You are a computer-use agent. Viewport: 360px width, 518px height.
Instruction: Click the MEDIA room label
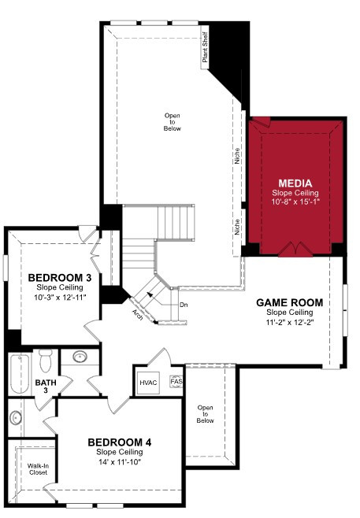(295, 183)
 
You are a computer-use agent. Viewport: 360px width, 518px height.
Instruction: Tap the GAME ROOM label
(290, 302)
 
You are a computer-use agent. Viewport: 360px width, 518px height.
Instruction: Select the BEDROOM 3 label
(60, 278)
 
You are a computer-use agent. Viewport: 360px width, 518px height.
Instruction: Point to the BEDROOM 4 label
(120, 442)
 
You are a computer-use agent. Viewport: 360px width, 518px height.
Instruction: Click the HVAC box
(148, 383)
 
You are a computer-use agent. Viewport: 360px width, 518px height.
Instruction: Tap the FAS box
(176, 382)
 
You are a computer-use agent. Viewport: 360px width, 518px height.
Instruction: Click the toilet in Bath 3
(46, 361)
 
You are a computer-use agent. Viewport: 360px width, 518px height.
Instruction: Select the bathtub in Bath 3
(20, 373)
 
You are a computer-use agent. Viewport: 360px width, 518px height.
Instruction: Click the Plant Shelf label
(205, 47)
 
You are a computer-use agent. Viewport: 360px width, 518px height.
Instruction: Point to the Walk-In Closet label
(38, 469)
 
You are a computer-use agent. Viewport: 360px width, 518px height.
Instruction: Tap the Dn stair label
(184, 305)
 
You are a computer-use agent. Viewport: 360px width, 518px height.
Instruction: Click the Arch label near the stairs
(138, 315)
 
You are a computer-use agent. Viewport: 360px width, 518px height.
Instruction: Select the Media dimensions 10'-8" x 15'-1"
(295, 202)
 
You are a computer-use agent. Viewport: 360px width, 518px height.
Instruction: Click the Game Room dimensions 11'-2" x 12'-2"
(290, 322)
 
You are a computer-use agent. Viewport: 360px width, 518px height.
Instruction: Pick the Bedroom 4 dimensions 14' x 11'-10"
(120, 462)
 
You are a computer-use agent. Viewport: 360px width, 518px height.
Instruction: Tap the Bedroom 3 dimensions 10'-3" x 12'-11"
(60, 298)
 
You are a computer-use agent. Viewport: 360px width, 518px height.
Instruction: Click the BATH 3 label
(46, 387)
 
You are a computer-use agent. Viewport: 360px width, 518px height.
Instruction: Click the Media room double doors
(295, 250)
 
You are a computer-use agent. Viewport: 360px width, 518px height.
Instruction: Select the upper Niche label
(237, 156)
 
